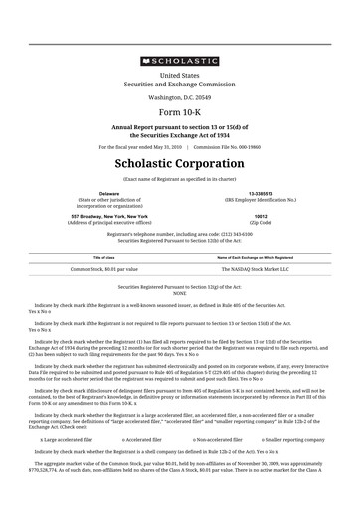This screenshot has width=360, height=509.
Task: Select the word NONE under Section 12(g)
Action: pyautogui.click(x=180, y=293)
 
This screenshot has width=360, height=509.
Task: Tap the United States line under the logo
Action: pyautogui.click(x=180, y=75)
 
